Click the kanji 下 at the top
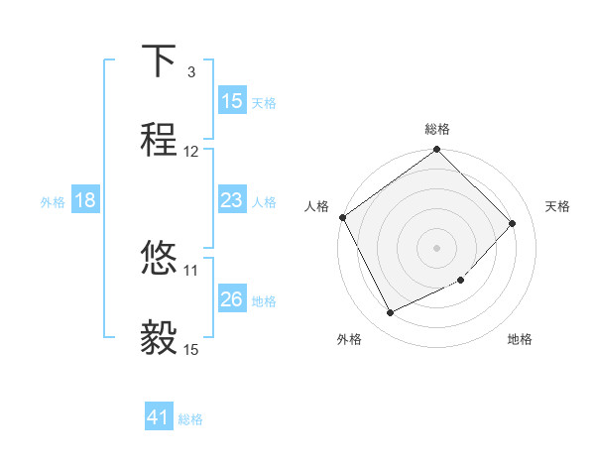point(159,62)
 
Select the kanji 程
point(159,140)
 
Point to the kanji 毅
point(159,338)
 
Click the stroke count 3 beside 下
point(190,72)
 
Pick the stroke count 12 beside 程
point(191,151)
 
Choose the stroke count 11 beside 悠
point(191,269)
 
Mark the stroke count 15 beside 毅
point(191,349)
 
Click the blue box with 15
point(231,101)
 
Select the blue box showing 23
point(231,201)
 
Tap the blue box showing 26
point(231,299)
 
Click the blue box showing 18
point(85,201)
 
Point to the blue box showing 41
point(159,418)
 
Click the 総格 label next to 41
point(190,419)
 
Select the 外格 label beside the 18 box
point(53,202)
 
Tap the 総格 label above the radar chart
point(436,129)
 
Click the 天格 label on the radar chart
point(557,206)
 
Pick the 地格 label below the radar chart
point(520,340)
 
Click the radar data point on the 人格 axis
point(342,217)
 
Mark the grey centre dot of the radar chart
point(436,247)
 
